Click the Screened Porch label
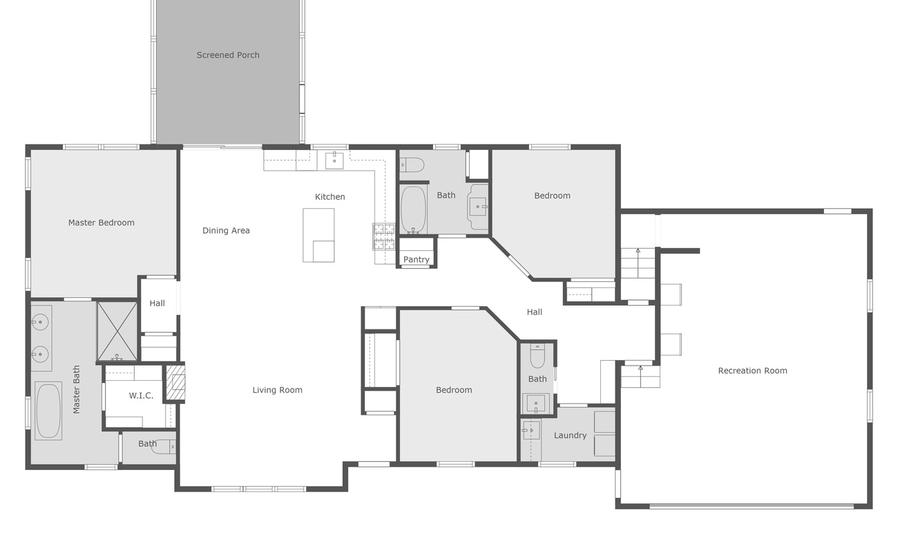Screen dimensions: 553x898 (228, 55)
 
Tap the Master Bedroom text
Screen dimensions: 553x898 (101, 223)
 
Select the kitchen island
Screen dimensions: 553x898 (318, 235)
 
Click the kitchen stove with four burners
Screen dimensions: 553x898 (384, 236)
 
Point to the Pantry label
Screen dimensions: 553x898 (416, 260)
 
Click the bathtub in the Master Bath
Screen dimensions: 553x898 (48, 411)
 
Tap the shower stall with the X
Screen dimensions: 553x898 (117, 331)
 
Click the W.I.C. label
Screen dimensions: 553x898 (141, 396)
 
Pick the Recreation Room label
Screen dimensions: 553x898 (752, 371)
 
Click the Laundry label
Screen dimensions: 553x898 (570, 435)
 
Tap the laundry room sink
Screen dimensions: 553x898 (531, 431)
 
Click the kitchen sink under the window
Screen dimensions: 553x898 (334, 161)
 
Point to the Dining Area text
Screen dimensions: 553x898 (226, 231)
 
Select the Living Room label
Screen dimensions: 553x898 (277, 391)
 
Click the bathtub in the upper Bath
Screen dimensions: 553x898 (414, 209)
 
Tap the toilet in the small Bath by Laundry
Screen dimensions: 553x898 (537, 357)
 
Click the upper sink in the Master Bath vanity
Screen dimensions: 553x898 (41, 322)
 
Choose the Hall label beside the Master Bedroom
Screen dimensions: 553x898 (157, 303)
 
